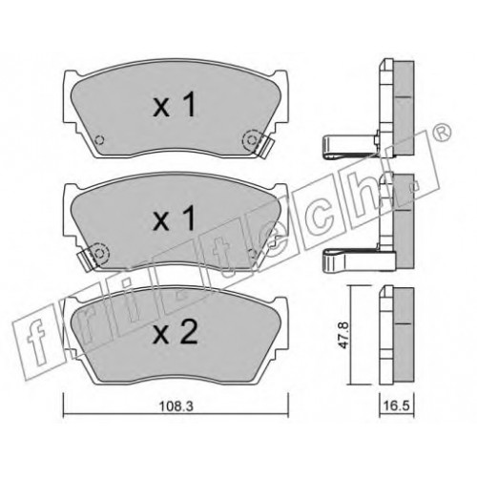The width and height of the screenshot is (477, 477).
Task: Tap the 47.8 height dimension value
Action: click(x=344, y=335)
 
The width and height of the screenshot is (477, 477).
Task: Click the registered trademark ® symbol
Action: click(x=441, y=133)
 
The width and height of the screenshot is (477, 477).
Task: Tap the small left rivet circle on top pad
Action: click(x=100, y=140)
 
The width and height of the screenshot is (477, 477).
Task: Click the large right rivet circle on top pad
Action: click(x=252, y=139)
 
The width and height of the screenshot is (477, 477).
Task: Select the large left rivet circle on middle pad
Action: click(x=100, y=253)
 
